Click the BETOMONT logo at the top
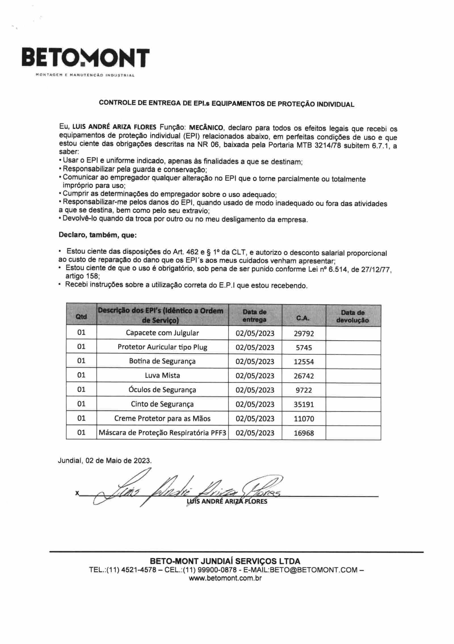pos(85,58)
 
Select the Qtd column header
pos(81,317)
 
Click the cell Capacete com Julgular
pos(162,333)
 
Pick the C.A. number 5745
pos(304,348)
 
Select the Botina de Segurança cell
pos(162,361)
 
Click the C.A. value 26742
pos(304,376)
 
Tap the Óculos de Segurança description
pos(162,390)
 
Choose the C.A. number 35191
pos(304,404)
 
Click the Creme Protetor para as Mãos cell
pos(162,418)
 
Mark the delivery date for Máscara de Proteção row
pos(255,433)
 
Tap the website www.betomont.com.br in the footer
pos(225,578)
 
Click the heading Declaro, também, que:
pos(98,235)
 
